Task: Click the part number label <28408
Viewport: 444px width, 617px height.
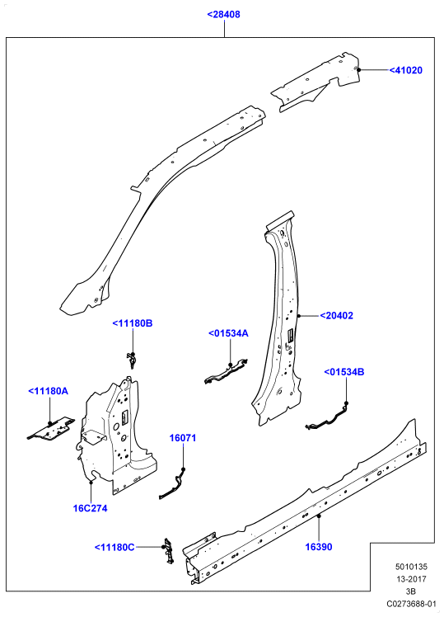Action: pos(223,15)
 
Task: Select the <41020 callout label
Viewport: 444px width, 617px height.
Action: pos(406,70)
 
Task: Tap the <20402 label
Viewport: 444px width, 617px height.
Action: pos(336,316)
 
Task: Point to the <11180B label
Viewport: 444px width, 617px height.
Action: pos(133,323)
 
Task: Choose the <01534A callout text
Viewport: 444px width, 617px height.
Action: pos(228,333)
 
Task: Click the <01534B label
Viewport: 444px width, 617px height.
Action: pos(344,372)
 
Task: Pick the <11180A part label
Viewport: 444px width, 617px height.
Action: pos(49,391)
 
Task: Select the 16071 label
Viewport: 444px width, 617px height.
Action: pos(183,438)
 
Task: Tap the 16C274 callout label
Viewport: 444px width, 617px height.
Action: pos(90,508)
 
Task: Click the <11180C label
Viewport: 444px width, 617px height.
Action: pos(115,548)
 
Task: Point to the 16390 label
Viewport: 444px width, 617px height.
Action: pos(319,547)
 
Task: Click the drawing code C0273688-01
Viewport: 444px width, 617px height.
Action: pos(411,604)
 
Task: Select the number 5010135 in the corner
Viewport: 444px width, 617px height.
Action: pos(411,567)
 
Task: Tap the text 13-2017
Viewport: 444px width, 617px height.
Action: pos(411,579)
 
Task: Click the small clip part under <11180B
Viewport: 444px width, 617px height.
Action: pos(132,360)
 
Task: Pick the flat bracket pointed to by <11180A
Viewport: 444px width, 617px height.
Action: pos(51,428)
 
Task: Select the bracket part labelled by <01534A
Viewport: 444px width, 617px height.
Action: pos(226,371)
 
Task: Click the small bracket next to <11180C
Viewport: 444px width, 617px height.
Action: pos(169,551)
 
